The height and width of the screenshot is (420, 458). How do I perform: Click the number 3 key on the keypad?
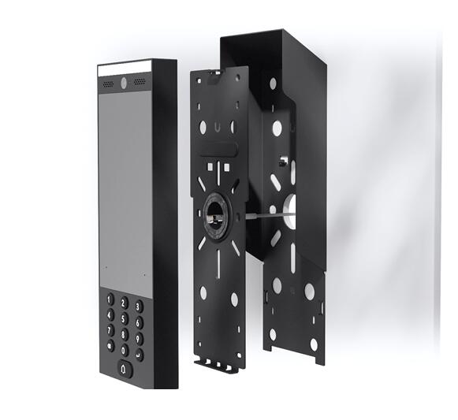pos(138,306)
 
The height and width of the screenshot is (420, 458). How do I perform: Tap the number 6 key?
pos(138,322)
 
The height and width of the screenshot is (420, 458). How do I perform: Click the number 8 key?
pos(125,333)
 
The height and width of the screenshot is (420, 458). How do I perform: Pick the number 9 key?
pos(138,339)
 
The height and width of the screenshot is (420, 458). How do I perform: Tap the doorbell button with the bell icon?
pos(125,366)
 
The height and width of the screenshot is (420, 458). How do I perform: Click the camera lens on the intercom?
pos(125,81)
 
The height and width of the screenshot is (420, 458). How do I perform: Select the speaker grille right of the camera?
pos(140,81)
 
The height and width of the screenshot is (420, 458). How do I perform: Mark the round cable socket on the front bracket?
pos(215,210)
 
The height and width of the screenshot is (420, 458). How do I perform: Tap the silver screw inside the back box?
pos(281,161)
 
